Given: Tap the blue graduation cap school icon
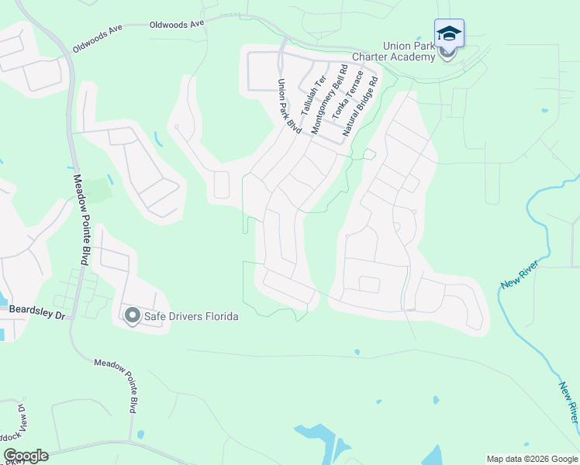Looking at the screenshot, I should [x=449, y=33].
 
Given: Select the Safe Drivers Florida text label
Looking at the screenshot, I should [x=192, y=316].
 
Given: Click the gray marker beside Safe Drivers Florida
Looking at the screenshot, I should [x=132, y=315].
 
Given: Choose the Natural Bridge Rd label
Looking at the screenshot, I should [x=360, y=104].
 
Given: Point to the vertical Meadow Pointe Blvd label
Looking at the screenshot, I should [x=81, y=219].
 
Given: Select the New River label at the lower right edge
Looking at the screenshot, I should [x=568, y=401].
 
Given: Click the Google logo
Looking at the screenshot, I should [x=26, y=456].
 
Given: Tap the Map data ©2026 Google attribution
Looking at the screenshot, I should [x=531, y=459].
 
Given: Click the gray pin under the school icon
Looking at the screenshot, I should [x=447, y=53].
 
